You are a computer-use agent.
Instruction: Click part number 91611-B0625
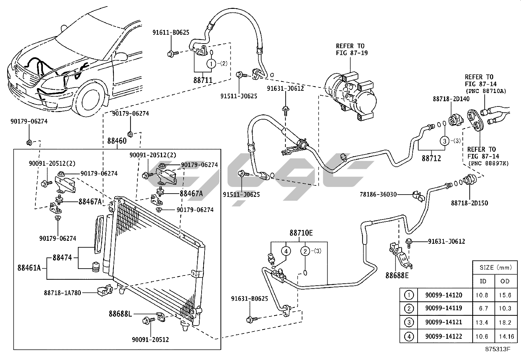171,32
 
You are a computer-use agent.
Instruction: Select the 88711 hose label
203,80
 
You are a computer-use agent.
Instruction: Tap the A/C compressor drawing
351,97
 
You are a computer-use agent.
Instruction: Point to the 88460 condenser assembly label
117,141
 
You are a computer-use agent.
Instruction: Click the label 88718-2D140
451,99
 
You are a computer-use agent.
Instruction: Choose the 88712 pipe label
431,158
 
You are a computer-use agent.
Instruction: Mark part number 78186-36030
378,195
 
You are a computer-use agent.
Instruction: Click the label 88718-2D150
469,203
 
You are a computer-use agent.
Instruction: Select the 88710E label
301,233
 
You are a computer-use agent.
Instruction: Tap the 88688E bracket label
397,275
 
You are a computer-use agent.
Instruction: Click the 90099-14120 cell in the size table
443,295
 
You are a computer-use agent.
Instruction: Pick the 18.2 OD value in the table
505,322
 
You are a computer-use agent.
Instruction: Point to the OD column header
505,281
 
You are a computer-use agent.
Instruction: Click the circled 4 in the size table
409,336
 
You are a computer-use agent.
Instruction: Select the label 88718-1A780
63,293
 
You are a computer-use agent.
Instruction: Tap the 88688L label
120,314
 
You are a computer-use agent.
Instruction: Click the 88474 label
62,258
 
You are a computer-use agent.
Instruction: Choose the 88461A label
29,268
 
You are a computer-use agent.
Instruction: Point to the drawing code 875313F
497,349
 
